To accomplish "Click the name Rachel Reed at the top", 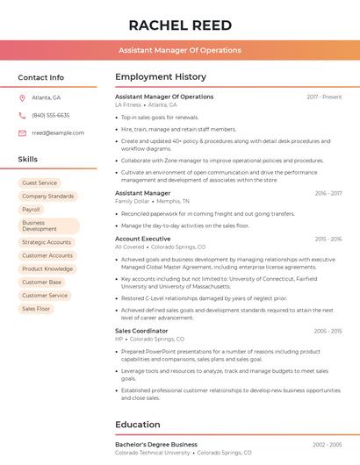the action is click(180, 25).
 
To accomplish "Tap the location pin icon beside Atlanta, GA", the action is click(22, 98).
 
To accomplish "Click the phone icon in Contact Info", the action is click(22, 116).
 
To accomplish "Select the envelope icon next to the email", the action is click(22, 133).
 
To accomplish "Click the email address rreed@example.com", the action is click(58, 133).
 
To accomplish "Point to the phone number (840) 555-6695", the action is click(51, 116).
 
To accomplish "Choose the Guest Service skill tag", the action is click(40, 183).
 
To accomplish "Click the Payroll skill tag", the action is click(32, 210).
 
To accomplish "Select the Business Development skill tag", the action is click(40, 226).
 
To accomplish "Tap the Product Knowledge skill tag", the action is click(47, 268).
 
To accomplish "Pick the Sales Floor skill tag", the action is click(36, 309).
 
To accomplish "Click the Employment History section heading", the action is click(161, 77).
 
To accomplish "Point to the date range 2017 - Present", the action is click(324, 97).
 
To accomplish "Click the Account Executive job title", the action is click(142, 239).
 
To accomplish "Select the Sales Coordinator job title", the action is click(141, 331).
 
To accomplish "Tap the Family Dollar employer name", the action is click(132, 201).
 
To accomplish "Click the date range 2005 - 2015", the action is click(328, 331).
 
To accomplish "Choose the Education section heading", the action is click(138, 425).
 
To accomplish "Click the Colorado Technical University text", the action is click(153, 453).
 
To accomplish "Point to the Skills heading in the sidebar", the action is click(28, 160).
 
